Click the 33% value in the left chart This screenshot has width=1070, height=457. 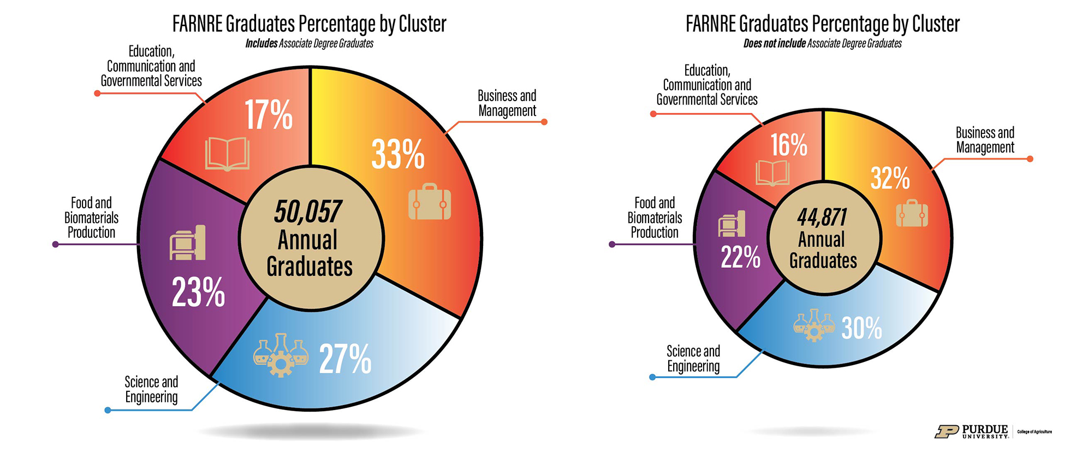tap(398, 155)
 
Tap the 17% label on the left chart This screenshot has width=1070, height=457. tap(268, 115)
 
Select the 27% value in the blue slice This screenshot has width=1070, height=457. tap(345, 359)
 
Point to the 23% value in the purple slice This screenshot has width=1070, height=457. tap(198, 292)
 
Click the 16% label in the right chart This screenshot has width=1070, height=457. tap(788, 145)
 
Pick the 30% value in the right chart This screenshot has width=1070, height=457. tap(861, 328)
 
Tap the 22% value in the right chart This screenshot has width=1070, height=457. tap(740, 257)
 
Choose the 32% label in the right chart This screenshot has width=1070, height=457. tap(890, 179)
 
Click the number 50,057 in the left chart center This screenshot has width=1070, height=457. tap(308, 212)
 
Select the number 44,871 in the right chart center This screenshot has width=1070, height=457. tap(822, 218)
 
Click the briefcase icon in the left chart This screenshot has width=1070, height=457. tap(430, 202)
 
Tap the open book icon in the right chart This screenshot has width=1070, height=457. tap(772, 173)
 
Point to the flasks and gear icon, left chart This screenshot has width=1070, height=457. tap(281, 355)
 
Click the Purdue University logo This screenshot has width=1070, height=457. tap(971, 432)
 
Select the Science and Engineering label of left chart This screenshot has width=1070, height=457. tap(151, 389)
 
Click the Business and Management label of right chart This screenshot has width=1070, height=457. tap(985, 140)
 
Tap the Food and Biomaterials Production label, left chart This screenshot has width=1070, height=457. tap(91, 218)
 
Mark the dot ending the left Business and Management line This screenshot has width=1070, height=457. tap(544, 122)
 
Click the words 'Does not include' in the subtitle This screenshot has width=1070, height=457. tap(774, 44)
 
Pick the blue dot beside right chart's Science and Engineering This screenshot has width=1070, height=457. tap(652, 377)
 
